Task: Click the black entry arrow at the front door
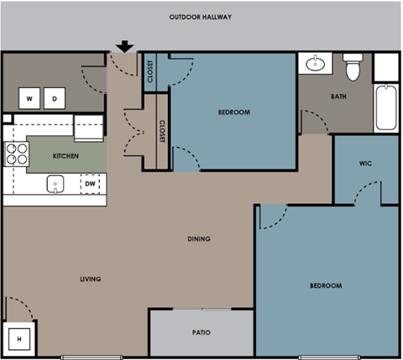click(x=125, y=46)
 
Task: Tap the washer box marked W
click(x=29, y=99)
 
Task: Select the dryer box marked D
click(x=55, y=99)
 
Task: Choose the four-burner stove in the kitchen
click(x=16, y=153)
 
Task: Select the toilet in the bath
click(x=353, y=67)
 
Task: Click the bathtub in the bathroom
click(x=385, y=107)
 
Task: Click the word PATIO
click(x=201, y=333)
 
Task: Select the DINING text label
click(x=199, y=239)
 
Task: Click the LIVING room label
click(x=91, y=279)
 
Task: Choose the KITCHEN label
click(x=66, y=156)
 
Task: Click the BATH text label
click(x=338, y=97)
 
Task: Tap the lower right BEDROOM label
click(x=326, y=286)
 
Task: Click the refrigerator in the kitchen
click(x=88, y=128)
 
